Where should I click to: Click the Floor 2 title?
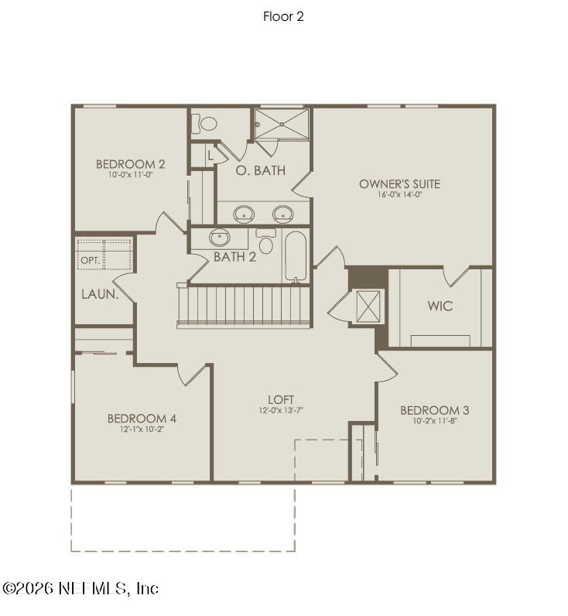283,16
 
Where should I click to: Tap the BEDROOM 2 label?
130,164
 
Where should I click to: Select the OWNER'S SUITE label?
399,184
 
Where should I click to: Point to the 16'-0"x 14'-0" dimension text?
399,195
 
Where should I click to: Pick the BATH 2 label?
234,256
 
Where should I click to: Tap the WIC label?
440,306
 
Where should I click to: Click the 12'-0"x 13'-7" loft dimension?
281,410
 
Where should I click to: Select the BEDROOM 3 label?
434,410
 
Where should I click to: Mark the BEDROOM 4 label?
142,419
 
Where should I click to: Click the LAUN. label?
100,294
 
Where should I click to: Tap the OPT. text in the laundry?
90,261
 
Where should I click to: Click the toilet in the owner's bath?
207,124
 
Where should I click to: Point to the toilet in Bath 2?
266,242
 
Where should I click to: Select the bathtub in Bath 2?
296,257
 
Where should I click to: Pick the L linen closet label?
210,154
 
